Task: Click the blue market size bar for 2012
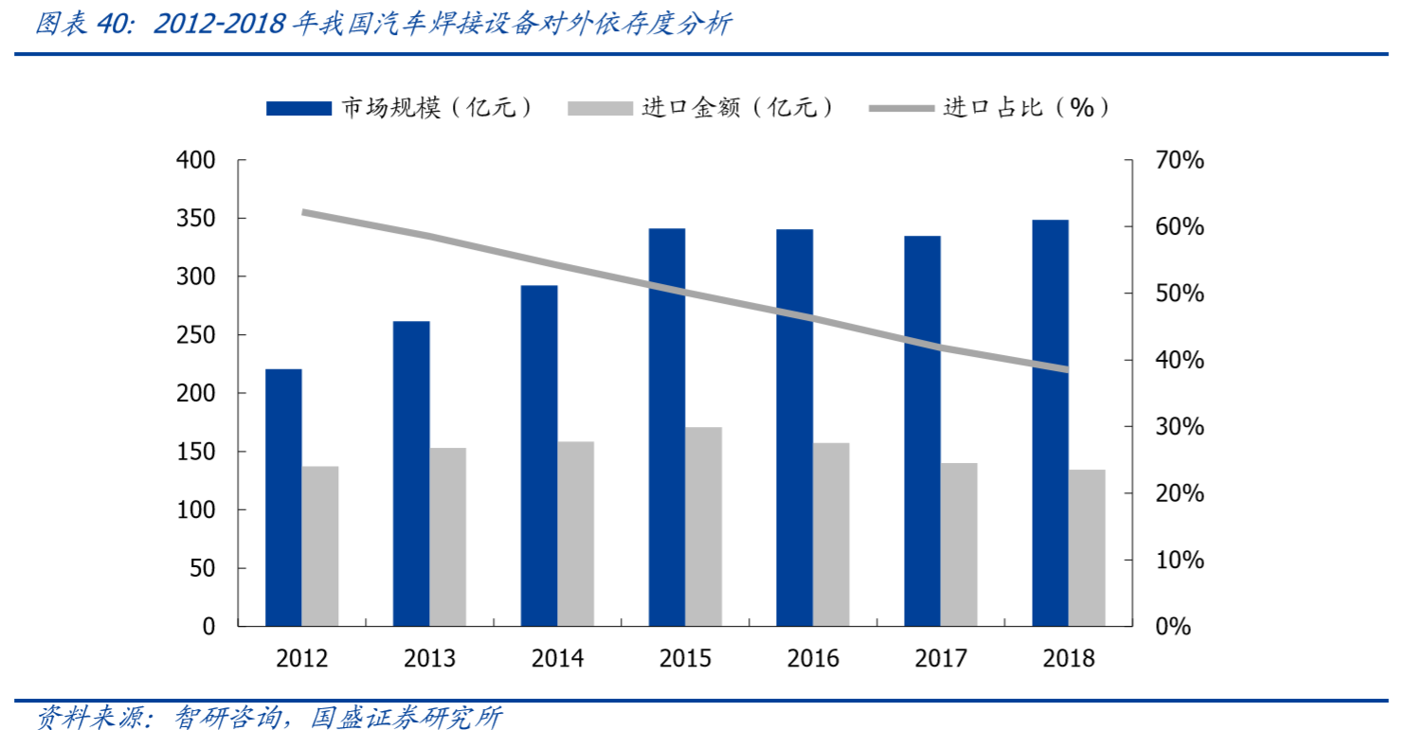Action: click(x=283, y=497)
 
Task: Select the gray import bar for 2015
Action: click(x=704, y=526)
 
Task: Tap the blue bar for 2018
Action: click(x=1050, y=422)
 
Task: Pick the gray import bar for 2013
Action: click(x=448, y=537)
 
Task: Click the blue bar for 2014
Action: click(x=539, y=455)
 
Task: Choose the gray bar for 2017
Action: click(x=959, y=544)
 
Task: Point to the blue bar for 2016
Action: click(x=794, y=427)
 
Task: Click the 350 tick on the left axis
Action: click(x=197, y=219)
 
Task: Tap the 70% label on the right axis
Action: click(x=1180, y=161)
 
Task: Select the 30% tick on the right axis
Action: click(x=1180, y=427)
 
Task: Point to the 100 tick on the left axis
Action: click(x=197, y=510)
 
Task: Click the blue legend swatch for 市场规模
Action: click(x=298, y=108)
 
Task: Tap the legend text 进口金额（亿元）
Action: click(x=738, y=108)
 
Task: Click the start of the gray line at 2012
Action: click(x=305, y=212)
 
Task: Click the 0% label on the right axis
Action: click(x=1173, y=627)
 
